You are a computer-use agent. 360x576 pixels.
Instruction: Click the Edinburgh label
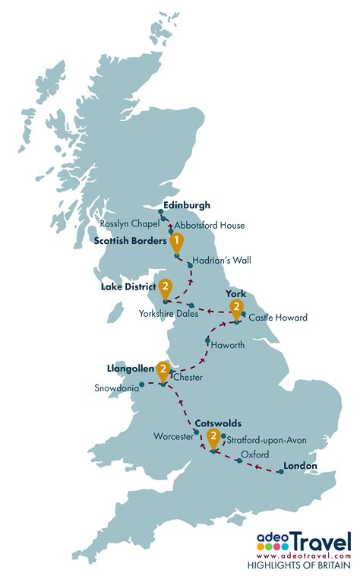click(187, 205)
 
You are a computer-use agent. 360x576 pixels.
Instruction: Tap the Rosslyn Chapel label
click(131, 223)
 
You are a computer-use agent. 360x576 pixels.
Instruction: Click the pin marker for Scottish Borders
click(176, 242)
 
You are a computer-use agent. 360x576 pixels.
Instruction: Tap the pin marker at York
click(237, 308)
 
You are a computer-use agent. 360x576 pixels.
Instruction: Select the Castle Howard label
click(278, 318)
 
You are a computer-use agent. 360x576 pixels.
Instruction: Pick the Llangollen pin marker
click(163, 369)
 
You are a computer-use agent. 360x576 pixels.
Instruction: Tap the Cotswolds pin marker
click(214, 437)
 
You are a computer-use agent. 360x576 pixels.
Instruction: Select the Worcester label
click(174, 438)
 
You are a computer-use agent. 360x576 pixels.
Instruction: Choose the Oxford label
click(255, 454)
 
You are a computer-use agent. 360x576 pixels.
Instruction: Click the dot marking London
click(281, 473)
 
